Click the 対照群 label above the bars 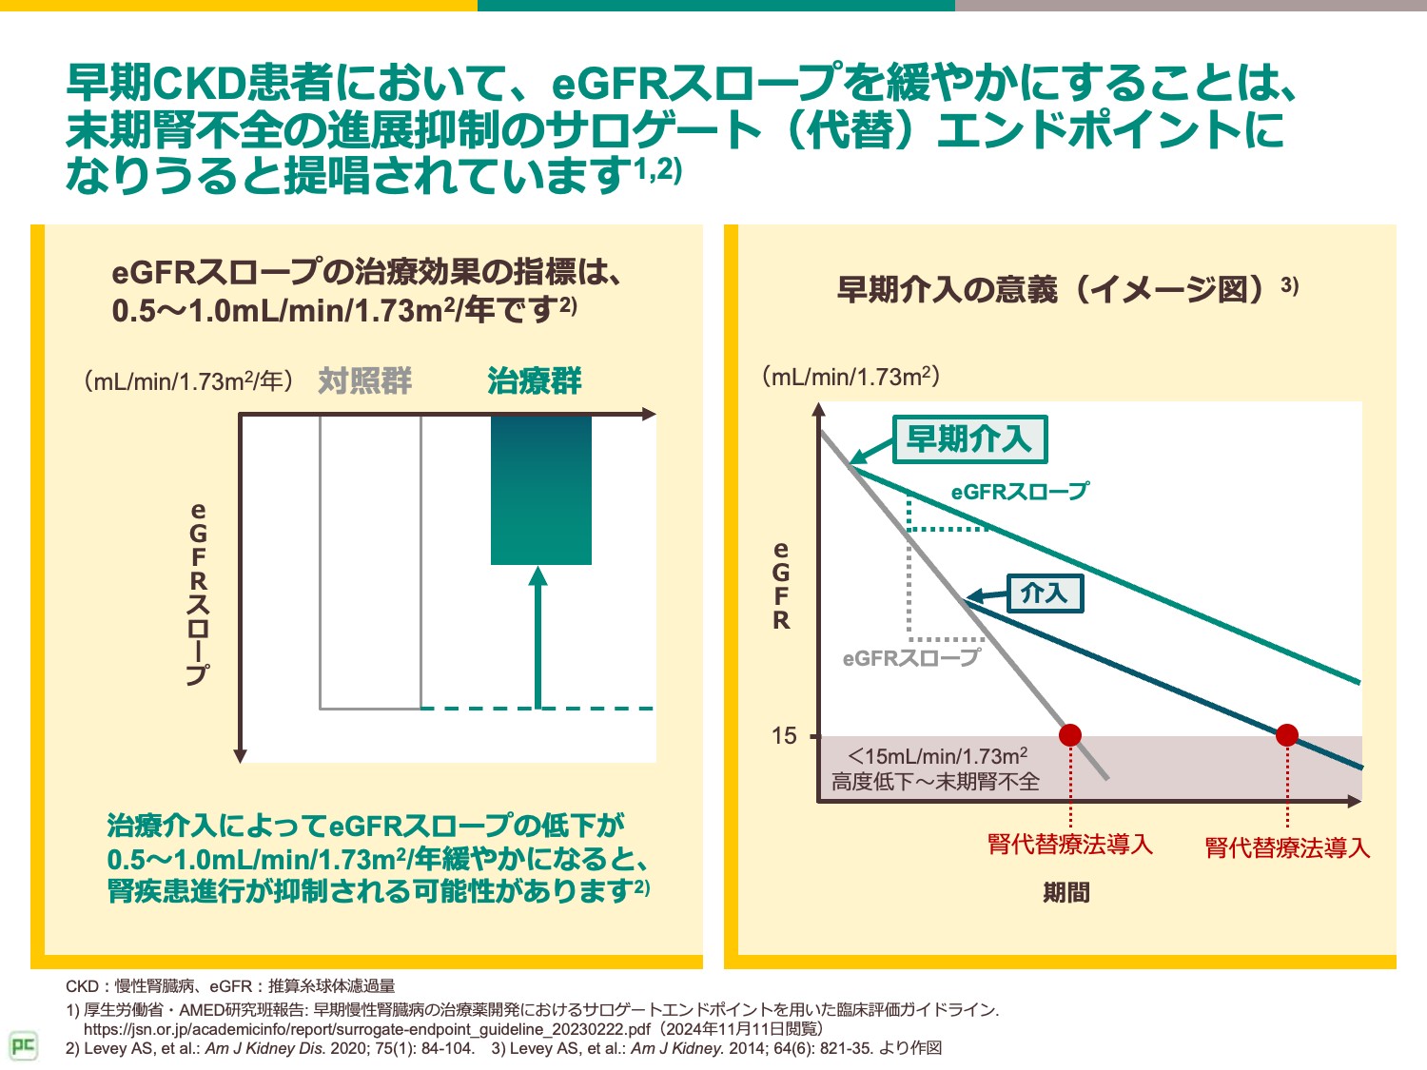(x=365, y=381)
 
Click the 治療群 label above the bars (x=534, y=381)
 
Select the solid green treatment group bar (x=540, y=490)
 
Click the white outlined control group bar (x=370, y=561)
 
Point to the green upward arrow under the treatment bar (x=538, y=637)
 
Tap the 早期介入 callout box (x=969, y=439)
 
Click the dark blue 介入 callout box (x=1045, y=593)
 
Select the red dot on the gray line (x=1070, y=735)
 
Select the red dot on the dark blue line (x=1287, y=735)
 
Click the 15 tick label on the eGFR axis (x=784, y=736)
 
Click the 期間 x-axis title (x=1066, y=893)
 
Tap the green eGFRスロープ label (x=1019, y=492)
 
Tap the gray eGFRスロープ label (x=910, y=658)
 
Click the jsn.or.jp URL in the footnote (x=367, y=1029)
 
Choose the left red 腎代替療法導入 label (x=1070, y=845)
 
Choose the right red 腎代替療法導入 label (x=1287, y=847)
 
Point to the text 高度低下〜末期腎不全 (x=935, y=782)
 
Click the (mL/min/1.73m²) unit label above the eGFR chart (x=850, y=377)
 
